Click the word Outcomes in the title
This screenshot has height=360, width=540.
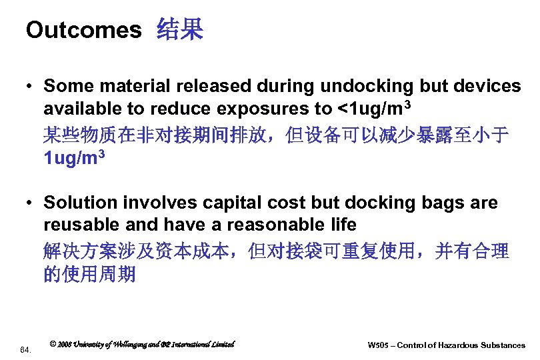pyautogui.click(x=83, y=29)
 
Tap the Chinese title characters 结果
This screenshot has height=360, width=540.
pyautogui.click(x=179, y=29)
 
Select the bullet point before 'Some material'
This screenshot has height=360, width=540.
pyautogui.click(x=31, y=87)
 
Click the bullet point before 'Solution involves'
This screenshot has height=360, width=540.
pyautogui.click(x=31, y=203)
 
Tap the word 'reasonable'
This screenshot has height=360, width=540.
pyautogui.click(x=269, y=225)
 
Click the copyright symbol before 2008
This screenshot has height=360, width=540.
pyautogui.click(x=53, y=344)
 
